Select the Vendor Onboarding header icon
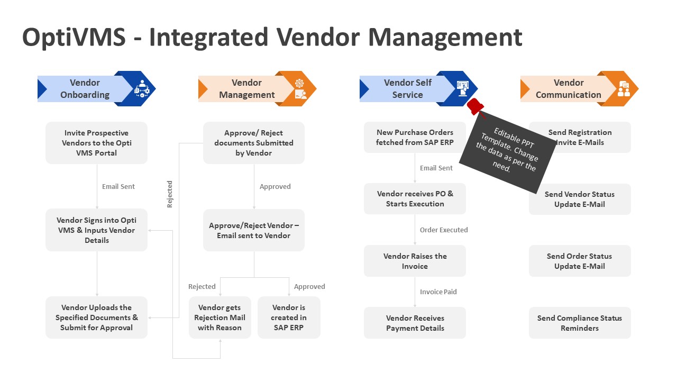click(142, 89)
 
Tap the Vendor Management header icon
click(300, 89)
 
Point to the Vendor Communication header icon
click(624, 89)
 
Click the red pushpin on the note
click(476, 105)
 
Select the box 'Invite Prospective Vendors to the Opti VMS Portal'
click(96, 143)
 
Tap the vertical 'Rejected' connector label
click(170, 194)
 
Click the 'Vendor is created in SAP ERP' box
click(289, 317)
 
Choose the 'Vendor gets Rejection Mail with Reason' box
click(220, 317)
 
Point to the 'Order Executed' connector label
click(443, 230)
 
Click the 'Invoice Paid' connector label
click(438, 292)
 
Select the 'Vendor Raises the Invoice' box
click(415, 261)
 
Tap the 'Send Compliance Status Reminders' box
click(580, 323)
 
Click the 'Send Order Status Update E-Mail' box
click(580, 261)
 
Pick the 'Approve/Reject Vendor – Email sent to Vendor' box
click(254, 231)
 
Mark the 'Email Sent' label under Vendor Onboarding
click(118, 186)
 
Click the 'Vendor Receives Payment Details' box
click(415, 323)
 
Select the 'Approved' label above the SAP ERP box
click(309, 286)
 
